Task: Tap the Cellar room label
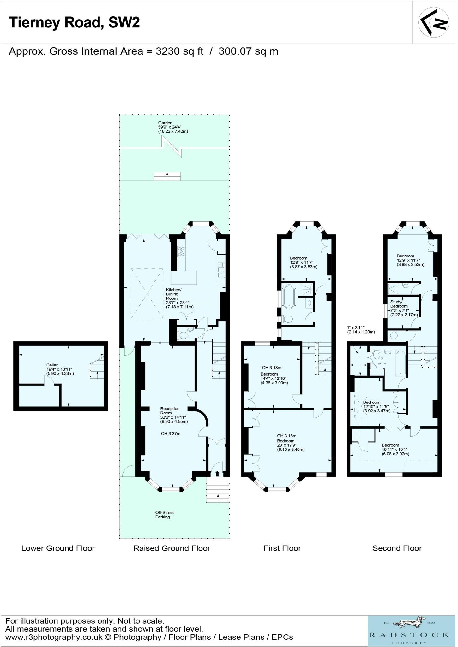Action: click(52, 365)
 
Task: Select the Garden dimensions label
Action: click(173, 127)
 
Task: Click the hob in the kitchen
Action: click(181, 251)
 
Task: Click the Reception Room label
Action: click(170, 411)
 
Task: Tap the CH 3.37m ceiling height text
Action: click(171, 434)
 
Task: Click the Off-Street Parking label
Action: click(164, 515)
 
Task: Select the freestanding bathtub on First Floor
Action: click(289, 296)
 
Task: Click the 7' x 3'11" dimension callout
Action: click(361, 330)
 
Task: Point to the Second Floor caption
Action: click(397, 548)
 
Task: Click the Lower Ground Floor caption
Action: click(58, 548)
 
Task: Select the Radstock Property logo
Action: click(409, 631)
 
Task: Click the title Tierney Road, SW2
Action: click(74, 23)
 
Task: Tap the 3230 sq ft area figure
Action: click(179, 51)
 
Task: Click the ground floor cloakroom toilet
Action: click(183, 335)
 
